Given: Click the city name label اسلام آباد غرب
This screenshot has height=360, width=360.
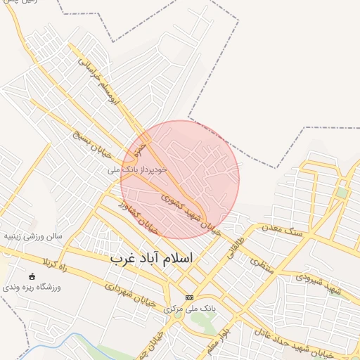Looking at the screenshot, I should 151,259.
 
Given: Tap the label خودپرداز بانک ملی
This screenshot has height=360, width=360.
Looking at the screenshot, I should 137,169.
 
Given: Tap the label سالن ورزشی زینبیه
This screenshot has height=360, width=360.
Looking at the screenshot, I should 33,236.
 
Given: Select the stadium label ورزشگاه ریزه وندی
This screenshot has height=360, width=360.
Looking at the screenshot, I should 32,288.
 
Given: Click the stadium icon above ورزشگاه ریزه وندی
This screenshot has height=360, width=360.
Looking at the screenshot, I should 32,276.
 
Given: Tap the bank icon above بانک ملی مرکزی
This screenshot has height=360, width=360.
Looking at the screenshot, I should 189,297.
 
